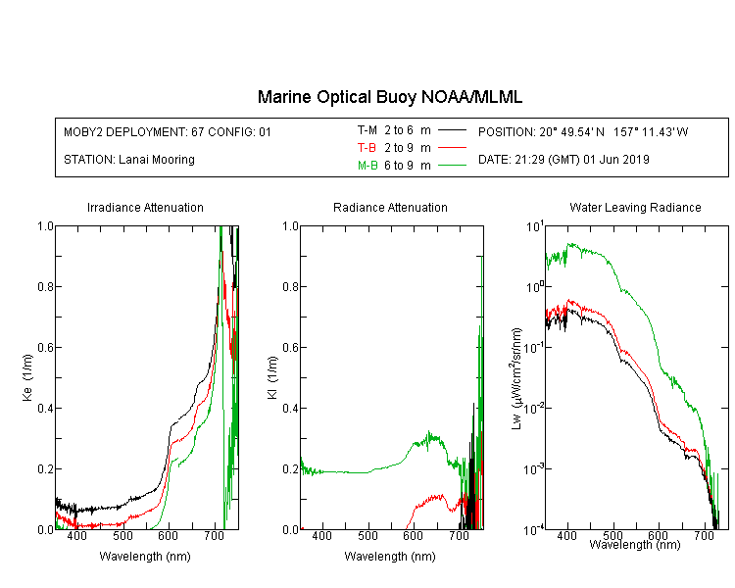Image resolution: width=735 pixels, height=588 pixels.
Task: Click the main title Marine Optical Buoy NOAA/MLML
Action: point(389,97)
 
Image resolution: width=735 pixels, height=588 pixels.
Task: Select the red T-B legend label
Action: point(367,148)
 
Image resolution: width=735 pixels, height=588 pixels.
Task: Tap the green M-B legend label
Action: point(367,166)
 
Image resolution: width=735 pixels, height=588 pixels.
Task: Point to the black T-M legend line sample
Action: point(452,130)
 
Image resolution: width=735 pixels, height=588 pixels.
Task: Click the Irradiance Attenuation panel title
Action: point(145,207)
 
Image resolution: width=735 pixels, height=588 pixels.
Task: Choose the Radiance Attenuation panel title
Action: point(390,207)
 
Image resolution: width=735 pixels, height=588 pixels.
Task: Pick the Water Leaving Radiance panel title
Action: point(635,207)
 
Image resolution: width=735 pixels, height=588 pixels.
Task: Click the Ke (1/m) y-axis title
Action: point(27,377)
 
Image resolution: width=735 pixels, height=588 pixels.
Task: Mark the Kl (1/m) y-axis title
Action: point(272,377)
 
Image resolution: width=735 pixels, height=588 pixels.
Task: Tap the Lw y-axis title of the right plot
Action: point(516,378)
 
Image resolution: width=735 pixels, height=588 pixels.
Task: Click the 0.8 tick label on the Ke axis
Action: point(45,286)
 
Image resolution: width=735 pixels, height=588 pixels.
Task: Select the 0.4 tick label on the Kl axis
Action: point(290,408)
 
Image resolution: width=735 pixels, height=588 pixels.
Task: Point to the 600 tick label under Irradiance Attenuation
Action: point(169,535)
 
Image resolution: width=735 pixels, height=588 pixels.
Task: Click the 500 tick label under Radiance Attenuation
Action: point(367,535)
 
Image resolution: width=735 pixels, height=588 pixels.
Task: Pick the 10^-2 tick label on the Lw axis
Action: point(534,408)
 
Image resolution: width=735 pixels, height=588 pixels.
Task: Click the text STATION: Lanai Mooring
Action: point(129,160)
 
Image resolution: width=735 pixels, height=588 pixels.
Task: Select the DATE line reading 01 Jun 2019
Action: point(563,160)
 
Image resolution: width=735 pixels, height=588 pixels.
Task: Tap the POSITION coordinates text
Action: point(583,131)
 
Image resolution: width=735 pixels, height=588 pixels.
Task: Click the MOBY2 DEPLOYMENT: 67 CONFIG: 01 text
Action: point(168,131)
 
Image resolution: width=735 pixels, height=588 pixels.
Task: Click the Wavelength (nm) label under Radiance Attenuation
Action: point(390,557)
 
